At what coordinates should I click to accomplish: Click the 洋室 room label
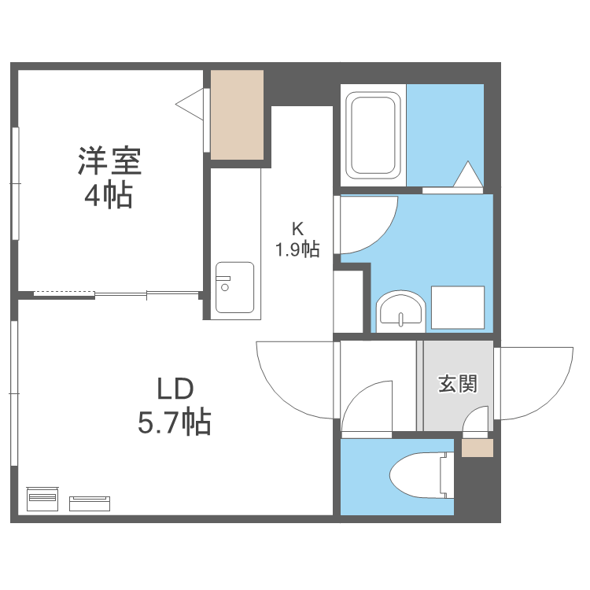[109, 160]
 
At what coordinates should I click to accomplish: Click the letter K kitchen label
[297, 230]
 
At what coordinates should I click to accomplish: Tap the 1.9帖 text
[297, 250]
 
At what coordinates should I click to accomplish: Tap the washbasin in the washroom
[400, 310]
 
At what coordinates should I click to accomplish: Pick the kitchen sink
[234, 287]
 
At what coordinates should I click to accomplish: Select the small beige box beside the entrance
[478, 448]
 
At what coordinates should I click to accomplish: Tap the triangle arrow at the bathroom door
[467, 175]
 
